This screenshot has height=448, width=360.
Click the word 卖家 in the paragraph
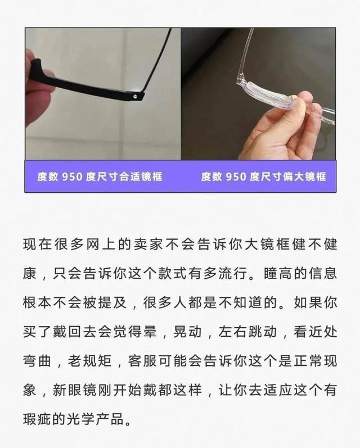(x=164, y=246)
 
